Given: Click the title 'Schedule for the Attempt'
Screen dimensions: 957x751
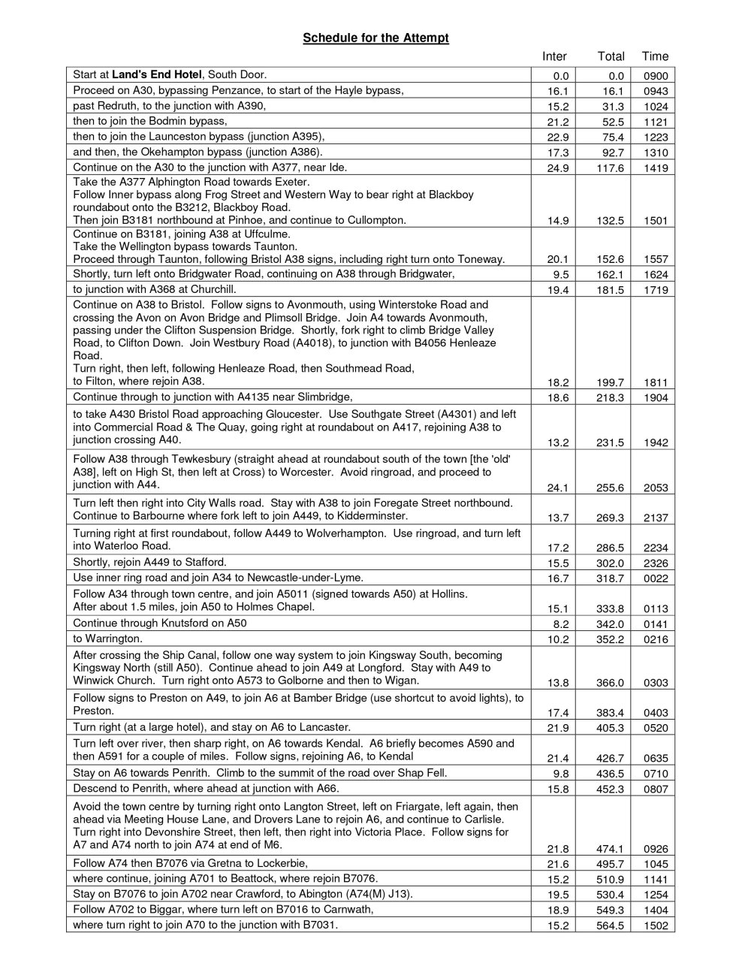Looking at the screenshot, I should tap(375, 38).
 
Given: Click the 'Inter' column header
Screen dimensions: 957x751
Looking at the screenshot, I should tap(554, 56).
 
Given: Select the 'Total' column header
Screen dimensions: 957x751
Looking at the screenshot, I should tap(611, 56).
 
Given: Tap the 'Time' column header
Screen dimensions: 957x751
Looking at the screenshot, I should tap(655, 56).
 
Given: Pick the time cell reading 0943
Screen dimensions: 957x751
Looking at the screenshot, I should tap(655, 92).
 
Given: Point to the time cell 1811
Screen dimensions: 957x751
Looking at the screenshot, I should tap(655, 382).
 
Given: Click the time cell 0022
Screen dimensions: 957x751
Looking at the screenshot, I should tap(655, 578).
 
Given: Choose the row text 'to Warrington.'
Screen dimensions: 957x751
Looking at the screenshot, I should tap(107, 639).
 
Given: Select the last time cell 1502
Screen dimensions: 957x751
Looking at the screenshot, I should tap(655, 925).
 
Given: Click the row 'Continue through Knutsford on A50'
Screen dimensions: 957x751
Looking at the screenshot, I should tap(160, 623).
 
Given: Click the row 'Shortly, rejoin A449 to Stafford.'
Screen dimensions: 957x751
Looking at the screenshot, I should tap(149, 562).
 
